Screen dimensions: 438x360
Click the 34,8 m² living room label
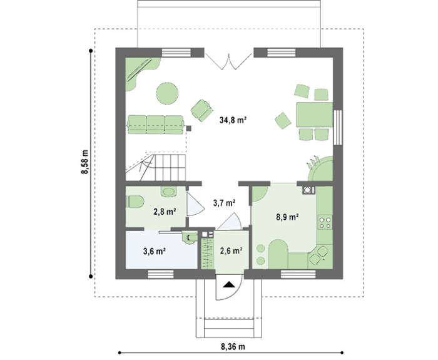(x=233, y=120)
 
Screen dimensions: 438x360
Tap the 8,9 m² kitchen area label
(x=288, y=217)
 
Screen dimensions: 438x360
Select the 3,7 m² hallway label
(x=224, y=203)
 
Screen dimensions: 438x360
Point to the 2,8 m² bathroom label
(x=165, y=212)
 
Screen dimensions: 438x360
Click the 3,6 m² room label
(x=155, y=251)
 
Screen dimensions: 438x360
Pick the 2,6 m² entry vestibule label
(x=231, y=250)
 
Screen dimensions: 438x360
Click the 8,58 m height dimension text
(x=84, y=162)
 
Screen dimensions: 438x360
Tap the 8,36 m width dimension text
(x=233, y=347)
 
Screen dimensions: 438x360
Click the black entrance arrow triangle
(x=230, y=284)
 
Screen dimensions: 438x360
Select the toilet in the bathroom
(x=136, y=202)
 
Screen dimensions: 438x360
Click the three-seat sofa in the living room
(x=156, y=125)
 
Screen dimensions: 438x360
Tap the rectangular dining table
(x=315, y=115)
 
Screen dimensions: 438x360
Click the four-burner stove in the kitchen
(x=325, y=222)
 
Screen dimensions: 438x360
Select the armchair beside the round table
(x=201, y=110)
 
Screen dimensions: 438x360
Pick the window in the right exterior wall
(x=338, y=128)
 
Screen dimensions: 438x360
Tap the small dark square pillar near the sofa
(x=189, y=128)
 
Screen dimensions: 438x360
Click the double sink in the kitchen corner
(x=318, y=255)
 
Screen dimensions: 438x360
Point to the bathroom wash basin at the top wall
(x=169, y=192)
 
